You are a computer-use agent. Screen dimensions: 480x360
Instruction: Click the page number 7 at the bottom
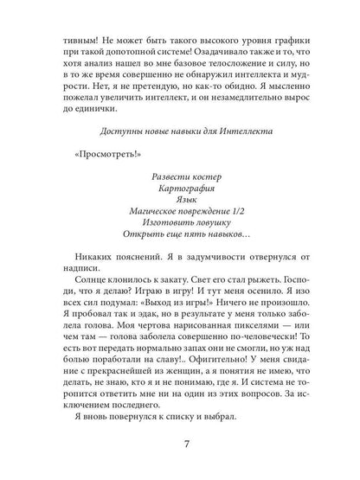click(181, 448)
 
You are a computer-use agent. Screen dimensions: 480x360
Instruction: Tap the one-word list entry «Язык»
click(180, 199)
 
